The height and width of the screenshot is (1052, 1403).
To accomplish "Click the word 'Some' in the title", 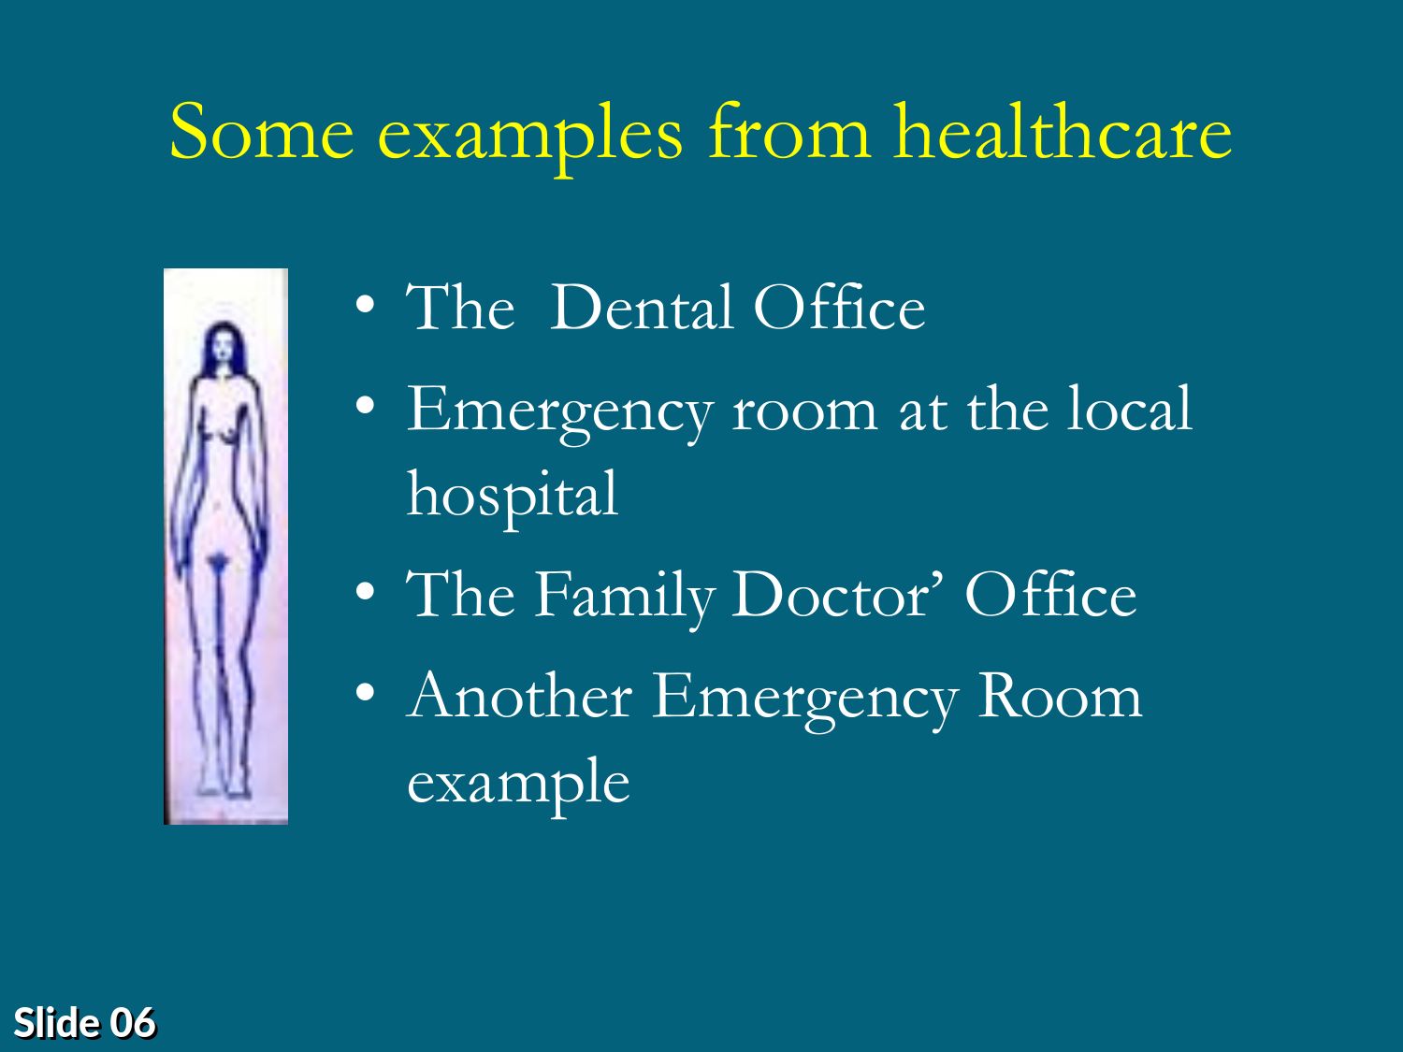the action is pyautogui.click(x=261, y=133).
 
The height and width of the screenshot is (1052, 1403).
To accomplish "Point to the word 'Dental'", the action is pyautogui.click(x=642, y=308).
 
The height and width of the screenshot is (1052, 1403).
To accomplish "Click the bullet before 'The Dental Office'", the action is pyautogui.click(x=365, y=304).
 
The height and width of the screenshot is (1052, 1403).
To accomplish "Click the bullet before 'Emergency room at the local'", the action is pyautogui.click(x=365, y=405).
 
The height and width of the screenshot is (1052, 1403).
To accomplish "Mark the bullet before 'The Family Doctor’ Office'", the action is pyautogui.click(x=365, y=592).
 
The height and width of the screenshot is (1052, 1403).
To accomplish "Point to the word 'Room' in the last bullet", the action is pyautogui.click(x=1061, y=696).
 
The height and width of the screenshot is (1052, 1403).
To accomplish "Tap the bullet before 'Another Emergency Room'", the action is pyautogui.click(x=365, y=692).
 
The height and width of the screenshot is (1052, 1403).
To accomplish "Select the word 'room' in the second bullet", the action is pyautogui.click(x=804, y=412).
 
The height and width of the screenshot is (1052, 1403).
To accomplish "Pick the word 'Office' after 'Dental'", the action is pyautogui.click(x=839, y=308).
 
